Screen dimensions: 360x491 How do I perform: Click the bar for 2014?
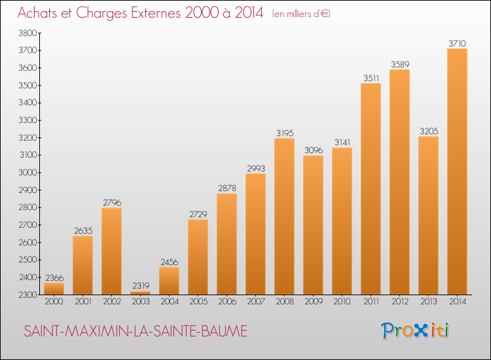[457, 171]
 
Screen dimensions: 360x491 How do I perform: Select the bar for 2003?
[140, 293]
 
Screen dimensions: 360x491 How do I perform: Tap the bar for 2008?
[284, 216]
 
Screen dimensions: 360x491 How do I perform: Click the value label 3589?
[399, 64]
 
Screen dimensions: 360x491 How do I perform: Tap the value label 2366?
[54, 277]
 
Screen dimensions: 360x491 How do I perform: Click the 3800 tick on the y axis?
[29, 33]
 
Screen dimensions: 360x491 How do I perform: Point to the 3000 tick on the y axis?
[29, 173]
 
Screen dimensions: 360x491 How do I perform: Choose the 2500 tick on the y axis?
[29, 260]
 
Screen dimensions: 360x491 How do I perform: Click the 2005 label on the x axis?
[198, 302]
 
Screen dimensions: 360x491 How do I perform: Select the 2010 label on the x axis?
[342, 302]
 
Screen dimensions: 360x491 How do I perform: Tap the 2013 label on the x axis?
[428, 302]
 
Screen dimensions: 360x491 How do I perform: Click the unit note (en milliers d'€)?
[301, 14]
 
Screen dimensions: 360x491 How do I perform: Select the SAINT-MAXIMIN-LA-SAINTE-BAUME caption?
[136, 332]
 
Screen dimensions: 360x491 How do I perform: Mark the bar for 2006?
[227, 243]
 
